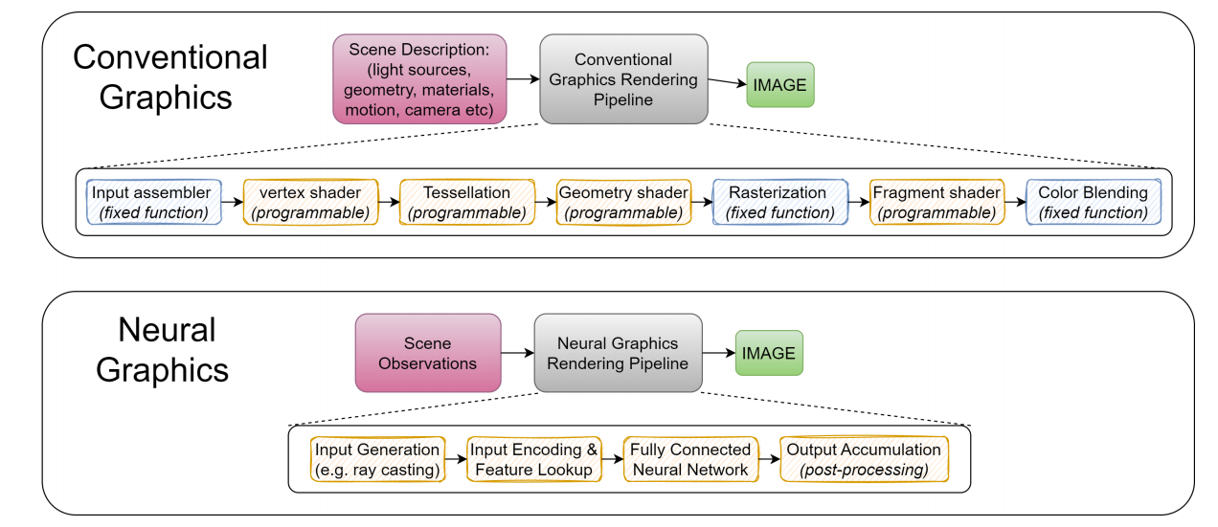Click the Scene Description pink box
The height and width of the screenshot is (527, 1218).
coord(419,79)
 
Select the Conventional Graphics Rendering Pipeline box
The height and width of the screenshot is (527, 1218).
coord(623,79)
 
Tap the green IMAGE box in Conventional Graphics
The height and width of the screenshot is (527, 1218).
coord(780,85)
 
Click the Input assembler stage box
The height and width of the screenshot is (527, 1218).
coord(154,202)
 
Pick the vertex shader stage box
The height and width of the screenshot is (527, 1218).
coord(310,202)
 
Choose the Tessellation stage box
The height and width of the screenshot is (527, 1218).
coord(467,202)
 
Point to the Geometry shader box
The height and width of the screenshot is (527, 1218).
coord(623,202)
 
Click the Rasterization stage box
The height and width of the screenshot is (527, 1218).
coord(780,202)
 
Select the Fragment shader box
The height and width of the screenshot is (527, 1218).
coord(936,202)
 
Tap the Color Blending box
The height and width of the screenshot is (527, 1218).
coord(1094,202)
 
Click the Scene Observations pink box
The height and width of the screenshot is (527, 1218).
coord(428,353)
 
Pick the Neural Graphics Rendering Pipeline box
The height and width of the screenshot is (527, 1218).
coord(619,353)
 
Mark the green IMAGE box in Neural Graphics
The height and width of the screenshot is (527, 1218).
coord(769,353)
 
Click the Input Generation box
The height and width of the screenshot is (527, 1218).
coord(377,460)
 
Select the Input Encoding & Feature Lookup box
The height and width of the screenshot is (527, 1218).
coord(534,460)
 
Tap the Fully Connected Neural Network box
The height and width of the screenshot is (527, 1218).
coord(690,460)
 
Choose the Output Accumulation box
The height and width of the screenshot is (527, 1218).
coord(864,460)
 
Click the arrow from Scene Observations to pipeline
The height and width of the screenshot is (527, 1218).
coord(518,353)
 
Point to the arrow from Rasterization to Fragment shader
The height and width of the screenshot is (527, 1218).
coord(859,202)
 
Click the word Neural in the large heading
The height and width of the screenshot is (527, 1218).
coord(167,330)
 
